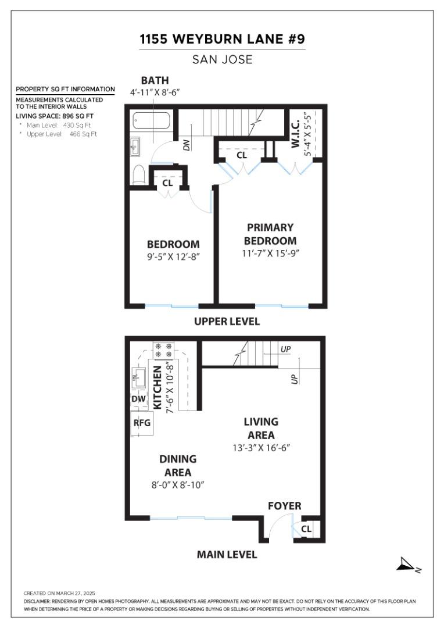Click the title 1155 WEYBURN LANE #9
(x=222, y=40)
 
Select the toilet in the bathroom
(x=138, y=174)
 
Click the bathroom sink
(x=135, y=147)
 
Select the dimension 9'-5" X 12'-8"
(x=173, y=256)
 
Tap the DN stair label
(x=187, y=145)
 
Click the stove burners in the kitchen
(x=163, y=349)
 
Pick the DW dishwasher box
(x=138, y=399)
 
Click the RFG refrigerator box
(x=142, y=423)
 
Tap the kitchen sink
(x=138, y=377)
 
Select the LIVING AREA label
(x=261, y=429)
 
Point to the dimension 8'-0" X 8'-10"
(x=178, y=485)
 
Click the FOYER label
(x=284, y=506)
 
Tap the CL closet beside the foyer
(x=306, y=529)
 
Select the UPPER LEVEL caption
(x=227, y=322)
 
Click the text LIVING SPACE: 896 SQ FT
(x=55, y=116)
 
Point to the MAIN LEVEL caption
(x=227, y=554)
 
